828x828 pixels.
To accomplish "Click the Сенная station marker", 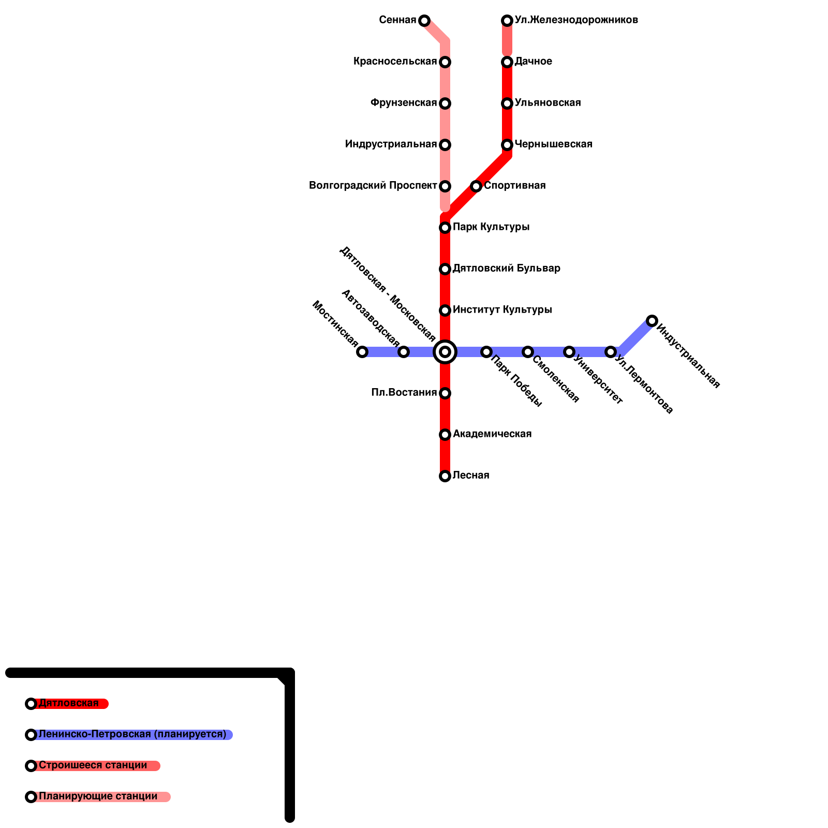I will [x=424, y=21].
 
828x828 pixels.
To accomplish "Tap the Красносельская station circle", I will [x=445, y=62].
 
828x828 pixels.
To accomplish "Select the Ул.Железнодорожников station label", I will [x=576, y=20].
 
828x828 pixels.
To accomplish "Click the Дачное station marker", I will [x=507, y=62].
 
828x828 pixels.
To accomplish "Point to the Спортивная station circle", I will [x=476, y=186].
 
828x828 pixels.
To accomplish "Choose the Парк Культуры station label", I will [x=491, y=227].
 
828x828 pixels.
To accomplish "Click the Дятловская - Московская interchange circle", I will [x=445, y=352].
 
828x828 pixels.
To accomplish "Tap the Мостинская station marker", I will [x=362, y=352].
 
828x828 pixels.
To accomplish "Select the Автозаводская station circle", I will [x=404, y=352].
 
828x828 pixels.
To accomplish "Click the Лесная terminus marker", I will [x=445, y=476].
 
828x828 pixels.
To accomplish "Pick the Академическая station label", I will [x=492, y=434].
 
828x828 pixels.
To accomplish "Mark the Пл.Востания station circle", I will [x=445, y=393].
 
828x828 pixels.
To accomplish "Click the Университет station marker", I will [x=569, y=352].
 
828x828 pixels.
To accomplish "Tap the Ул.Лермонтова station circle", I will [x=611, y=352].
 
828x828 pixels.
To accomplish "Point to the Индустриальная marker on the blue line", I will [x=652, y=321].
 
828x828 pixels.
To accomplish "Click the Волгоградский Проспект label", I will [x=373, y=186].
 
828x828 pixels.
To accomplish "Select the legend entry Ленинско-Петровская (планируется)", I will [x=132, y=734].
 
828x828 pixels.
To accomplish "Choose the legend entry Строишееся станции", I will [x=93, y=765].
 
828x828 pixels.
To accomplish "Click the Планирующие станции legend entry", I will [x=98, y=796].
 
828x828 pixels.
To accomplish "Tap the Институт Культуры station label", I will [x=502, y=310].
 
